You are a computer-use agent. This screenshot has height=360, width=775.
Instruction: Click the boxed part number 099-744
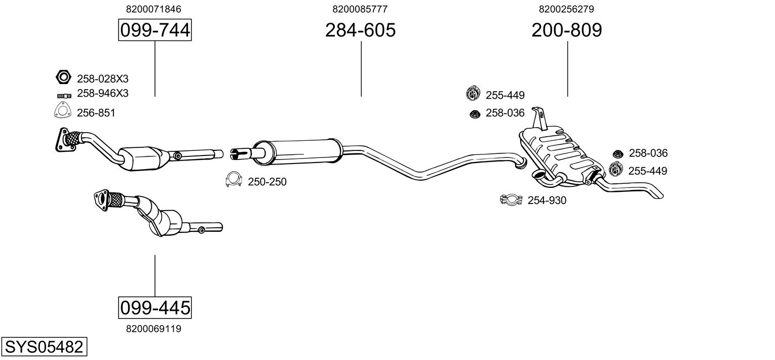[154, 30]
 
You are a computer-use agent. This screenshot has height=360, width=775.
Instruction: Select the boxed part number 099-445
[154, 307]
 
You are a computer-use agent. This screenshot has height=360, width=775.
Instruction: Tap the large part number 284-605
[360, 30]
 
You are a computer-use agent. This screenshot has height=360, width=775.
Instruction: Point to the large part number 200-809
[567, 30]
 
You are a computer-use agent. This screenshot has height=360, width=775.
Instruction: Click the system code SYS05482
[44, 346]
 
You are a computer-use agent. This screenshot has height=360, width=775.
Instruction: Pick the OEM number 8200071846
[153, 9]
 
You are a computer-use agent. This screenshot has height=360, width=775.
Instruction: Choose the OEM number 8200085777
[360, 9]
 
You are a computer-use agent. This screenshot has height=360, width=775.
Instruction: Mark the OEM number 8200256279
[566, 9]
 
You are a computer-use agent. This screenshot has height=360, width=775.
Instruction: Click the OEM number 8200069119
[153, 329]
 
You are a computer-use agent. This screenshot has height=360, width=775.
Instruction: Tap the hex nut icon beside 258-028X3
[63, 77]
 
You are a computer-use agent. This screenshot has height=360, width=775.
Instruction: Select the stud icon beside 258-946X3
[64, 96]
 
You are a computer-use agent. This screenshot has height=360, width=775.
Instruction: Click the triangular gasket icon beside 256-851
[62, 110]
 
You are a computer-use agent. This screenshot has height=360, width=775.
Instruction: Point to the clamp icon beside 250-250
[234, 179]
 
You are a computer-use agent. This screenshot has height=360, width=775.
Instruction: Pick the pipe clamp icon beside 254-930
[512, 199]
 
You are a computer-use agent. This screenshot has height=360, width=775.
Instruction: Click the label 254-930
[547, 200]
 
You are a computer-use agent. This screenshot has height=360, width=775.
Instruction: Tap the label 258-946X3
[102, 93]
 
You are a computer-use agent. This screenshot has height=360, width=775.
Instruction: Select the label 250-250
[267, 182]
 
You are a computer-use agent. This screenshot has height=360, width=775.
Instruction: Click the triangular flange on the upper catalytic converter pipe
[64, 140]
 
